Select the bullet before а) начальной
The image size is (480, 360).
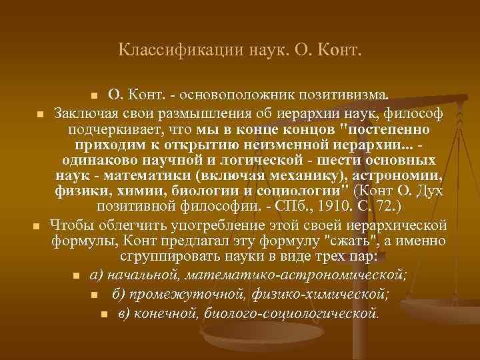click(76, 276)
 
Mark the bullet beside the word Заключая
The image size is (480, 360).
click(40, 113)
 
